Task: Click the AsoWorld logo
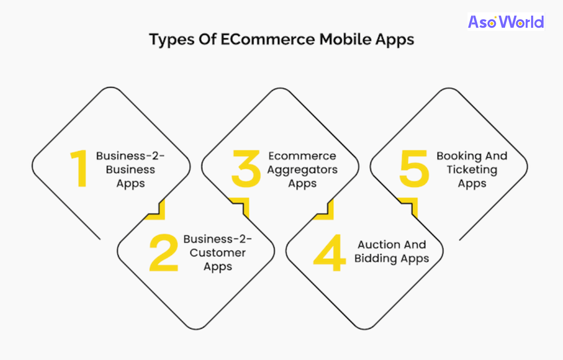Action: tap(506, 22)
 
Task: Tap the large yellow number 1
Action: tap(79, 168)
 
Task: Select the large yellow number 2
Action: tap(164, 253)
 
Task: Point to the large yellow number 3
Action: tap(246, 169)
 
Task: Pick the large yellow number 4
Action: tap(329, 253)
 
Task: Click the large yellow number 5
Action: tap(414, 169)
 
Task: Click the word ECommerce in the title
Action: tap(267, 39)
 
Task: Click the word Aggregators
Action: tap(302, 170)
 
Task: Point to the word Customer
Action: tap(218, 253)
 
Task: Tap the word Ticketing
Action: tap(472, 170)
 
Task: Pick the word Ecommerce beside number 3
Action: tap(302, 156)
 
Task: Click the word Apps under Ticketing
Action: tap(472, 184)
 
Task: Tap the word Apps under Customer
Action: tap(218, 267)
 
